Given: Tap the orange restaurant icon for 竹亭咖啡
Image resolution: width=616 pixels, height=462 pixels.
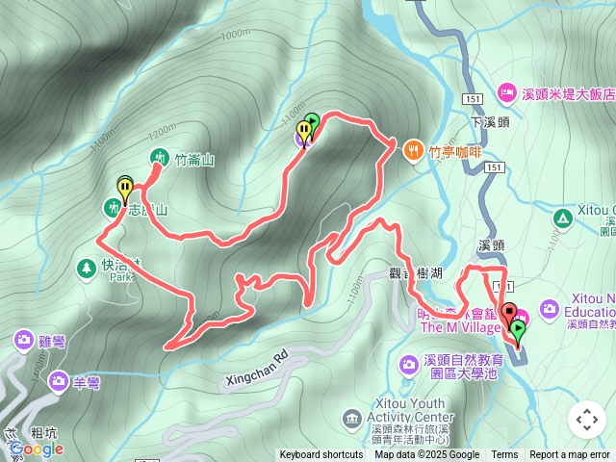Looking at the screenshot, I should pos(414,149).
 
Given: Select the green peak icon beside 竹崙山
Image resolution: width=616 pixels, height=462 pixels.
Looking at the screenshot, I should pos(158,158).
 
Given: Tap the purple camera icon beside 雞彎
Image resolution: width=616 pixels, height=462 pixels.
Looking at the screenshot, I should pos(24,340).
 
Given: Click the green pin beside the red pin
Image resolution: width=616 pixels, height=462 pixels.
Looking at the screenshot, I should pos(519,333).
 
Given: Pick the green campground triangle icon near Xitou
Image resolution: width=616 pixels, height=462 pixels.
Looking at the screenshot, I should pos(561,218).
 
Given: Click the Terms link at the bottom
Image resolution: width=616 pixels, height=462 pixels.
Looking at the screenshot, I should pos(504,455).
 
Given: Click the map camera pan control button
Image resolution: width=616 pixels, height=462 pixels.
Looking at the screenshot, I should pos(586,420).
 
